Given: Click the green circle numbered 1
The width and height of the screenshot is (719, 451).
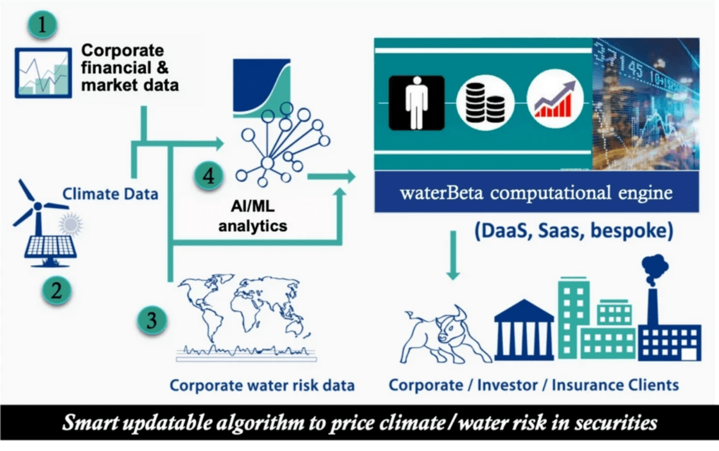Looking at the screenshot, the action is click(43, 25).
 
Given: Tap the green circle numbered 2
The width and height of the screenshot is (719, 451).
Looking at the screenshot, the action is click(56, 290).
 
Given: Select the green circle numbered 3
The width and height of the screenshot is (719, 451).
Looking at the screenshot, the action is click(152, 320).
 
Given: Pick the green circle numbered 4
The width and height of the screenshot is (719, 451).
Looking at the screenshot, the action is click(209, 175).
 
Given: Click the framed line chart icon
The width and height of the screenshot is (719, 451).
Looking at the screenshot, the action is click(43, 73).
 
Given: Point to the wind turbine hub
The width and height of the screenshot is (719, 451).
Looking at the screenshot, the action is click(38, 206).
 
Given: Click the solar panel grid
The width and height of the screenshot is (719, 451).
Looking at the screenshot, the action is click(51, 246).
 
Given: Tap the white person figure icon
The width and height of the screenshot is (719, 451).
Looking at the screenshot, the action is click(416, 102).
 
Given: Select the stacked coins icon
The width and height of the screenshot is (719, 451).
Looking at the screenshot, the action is click(485, 102).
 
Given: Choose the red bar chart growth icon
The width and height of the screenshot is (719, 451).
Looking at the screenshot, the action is click(555, 99).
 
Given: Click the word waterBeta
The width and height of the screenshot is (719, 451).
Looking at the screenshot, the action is click(442, 193).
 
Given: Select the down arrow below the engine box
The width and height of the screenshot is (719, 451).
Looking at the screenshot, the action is click(453, 255).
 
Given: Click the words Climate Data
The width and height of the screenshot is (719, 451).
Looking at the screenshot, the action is click(110, 193).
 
